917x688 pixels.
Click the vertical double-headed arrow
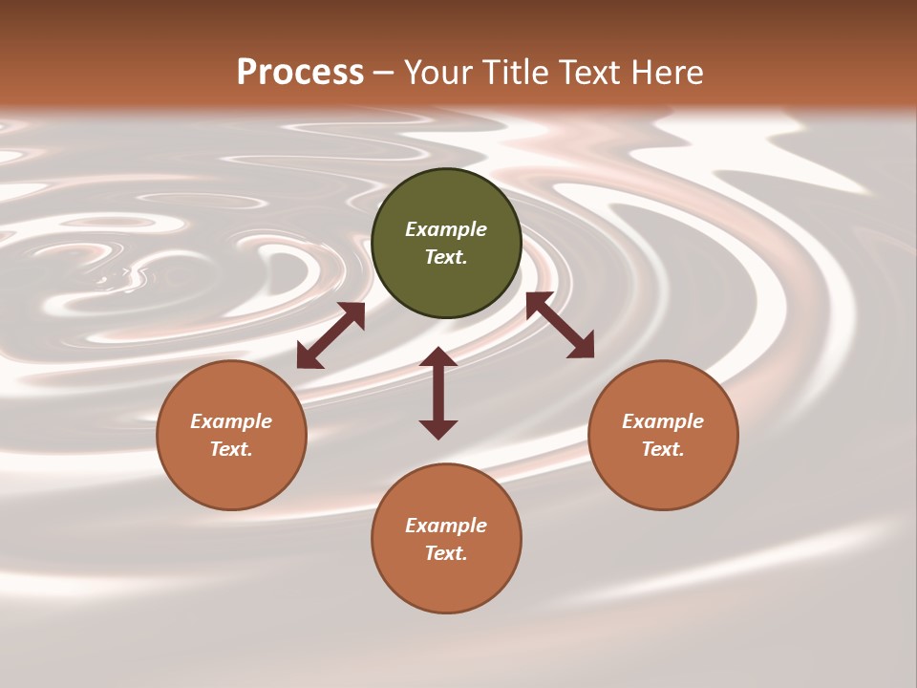click(x=438, y=393)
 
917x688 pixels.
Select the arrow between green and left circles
click(x=331, y=335)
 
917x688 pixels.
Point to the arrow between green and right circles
click(x=560, y=325)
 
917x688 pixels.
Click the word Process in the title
click(x=300, y=73)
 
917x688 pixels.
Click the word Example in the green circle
click(x=446, y=229)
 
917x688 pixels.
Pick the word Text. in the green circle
click(x=446, y=257)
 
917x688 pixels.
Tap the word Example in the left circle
click(x=231, y=421)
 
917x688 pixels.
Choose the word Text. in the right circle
click(x=663, y=449)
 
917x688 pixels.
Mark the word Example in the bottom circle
click(x=446, y=526)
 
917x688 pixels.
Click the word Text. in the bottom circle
click(x=446, y=553)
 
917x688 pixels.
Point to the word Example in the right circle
click(x=663, y=421)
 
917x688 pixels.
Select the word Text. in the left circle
click(x=231, y=449)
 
